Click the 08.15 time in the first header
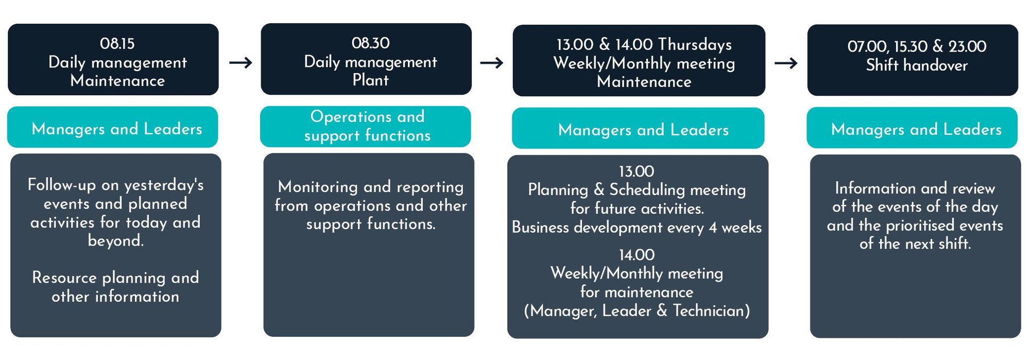[117, 43]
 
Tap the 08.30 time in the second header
[370, 43]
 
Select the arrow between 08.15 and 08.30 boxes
[241, 63]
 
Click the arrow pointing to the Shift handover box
[786, 63]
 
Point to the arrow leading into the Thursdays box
[492, 63]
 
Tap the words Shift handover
[917, 65]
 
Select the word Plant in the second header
[370, 80]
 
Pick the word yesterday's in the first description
[164, 185]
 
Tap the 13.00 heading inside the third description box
[637, 172]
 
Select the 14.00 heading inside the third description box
[637, 255]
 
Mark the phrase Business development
[587, 227]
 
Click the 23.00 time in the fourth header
[967, 46]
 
